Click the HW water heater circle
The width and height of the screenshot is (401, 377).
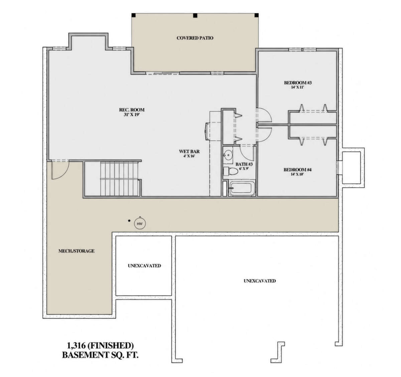tap(140, 223)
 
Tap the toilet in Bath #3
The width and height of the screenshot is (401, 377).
tap(231, 171)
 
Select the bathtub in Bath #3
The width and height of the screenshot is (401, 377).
tap(242, 189)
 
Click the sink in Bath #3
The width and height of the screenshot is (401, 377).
tap(228, 155)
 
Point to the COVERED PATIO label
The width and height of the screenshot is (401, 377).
tap(195, 38)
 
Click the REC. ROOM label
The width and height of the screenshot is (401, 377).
tap(132, 110)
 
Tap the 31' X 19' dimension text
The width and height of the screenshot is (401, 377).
tap(132, 115)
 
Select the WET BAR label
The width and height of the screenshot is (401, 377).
tap(189, 152)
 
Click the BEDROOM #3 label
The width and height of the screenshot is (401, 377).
tap(298, 83)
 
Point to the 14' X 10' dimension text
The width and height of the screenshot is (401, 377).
tap(297, 174)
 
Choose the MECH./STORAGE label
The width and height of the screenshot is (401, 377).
tap(77, 251)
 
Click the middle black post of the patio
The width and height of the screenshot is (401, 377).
tap(195, 15)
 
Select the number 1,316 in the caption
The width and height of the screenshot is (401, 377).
tap(76, 346)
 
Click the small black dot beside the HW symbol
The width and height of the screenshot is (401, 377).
tap(129, 220)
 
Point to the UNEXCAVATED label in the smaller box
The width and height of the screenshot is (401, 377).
tap(144, 266)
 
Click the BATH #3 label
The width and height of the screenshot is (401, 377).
tap(244, 164)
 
